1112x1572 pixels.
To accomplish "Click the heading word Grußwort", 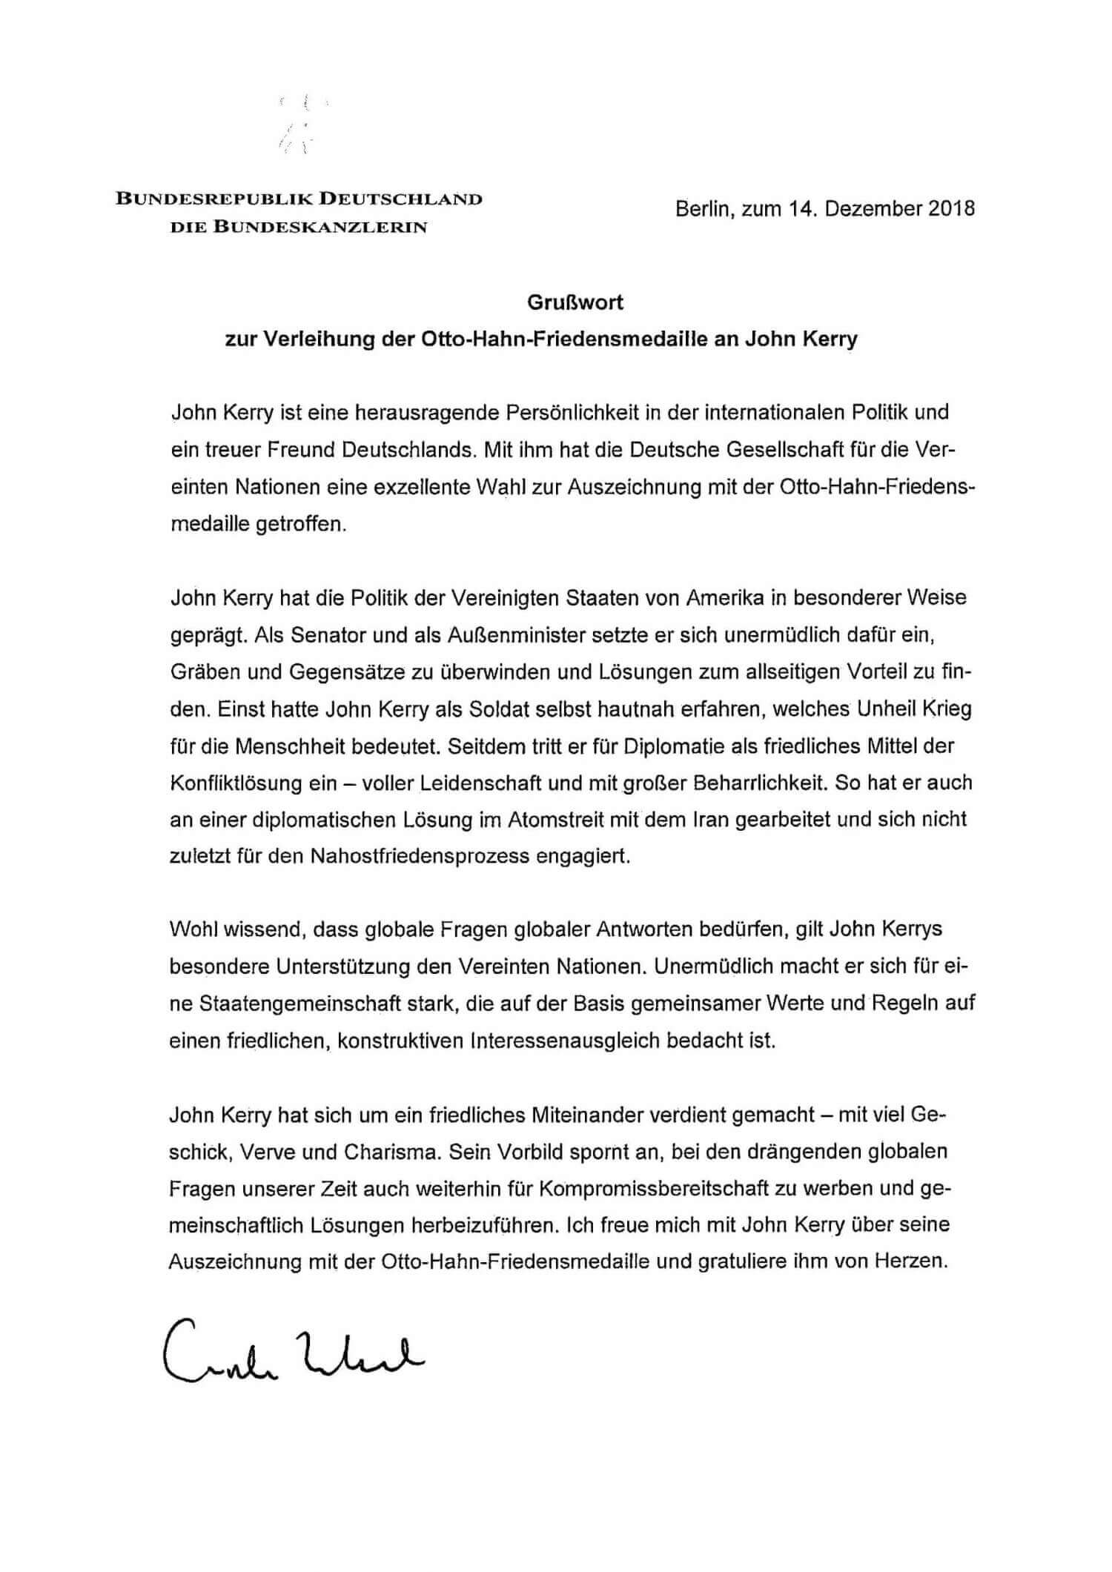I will pos(575,302).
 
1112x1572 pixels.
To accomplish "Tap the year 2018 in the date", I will pos(950,209).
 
